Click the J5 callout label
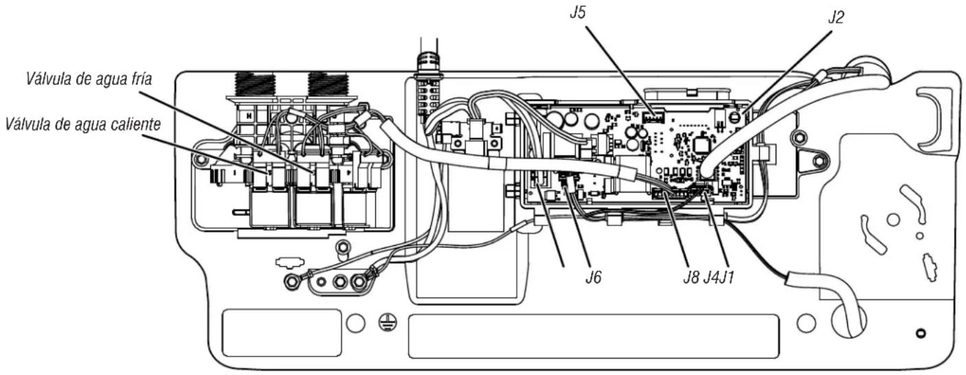click(578, 12)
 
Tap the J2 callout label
click(835, 17)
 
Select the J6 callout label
click(594, 277)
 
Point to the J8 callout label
click(691, 277)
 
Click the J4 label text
click(711, 277)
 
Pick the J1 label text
click(726, 277)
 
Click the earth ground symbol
click(387, 322)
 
